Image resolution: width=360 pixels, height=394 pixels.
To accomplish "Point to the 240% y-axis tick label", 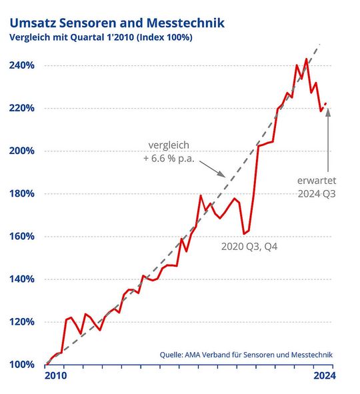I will coord(23,65).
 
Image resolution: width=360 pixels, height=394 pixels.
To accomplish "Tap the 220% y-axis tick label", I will coord(23,108).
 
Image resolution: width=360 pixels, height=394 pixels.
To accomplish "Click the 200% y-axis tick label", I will coord(23,151).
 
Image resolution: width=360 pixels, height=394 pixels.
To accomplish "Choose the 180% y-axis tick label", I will coord(23,194).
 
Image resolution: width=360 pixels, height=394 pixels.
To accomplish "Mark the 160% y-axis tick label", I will coord(23,237).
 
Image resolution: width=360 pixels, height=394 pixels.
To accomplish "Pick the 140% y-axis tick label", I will coord(23,279).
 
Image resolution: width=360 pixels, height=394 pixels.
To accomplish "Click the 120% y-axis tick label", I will coord(23,322).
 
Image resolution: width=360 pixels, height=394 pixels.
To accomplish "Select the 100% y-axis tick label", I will coord(23,365).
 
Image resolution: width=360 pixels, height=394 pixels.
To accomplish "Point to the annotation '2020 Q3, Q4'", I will coord(249,247).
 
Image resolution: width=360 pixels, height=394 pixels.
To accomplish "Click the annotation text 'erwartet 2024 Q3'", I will coord(317,187).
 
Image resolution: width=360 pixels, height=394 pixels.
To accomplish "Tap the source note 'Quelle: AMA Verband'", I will coord(245,355).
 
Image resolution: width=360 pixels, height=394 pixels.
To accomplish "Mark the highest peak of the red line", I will coord(306,59).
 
